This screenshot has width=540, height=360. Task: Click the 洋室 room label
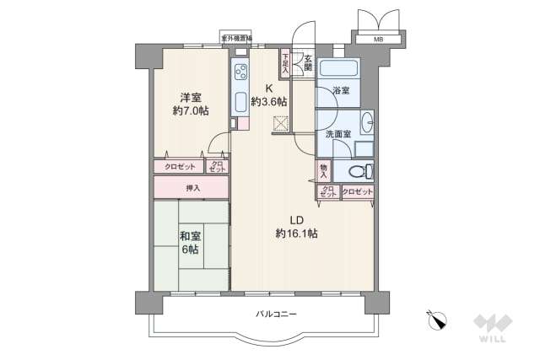[x=188, y=96]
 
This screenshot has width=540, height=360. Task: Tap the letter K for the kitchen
[x=270, y=88]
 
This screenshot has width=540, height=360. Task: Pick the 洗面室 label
[x=337, y=134]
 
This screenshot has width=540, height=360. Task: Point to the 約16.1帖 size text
[x=296, y=233]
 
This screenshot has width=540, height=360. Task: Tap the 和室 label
[x=189, y=237]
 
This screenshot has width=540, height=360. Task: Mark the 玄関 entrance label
[x=308, y=62]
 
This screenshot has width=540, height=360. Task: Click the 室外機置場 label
[x=237, y=38]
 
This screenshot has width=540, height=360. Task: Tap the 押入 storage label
[x=193, y=186]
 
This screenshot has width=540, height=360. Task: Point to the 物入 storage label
[x=323, y=171]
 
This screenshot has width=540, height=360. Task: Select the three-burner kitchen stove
[x=240, y=71]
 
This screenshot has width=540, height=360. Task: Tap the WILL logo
[x=491, y=329]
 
